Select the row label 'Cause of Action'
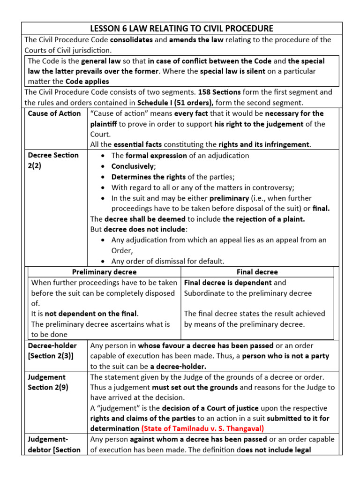54,113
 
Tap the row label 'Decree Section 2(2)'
53,160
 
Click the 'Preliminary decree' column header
105,272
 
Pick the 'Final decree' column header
257,272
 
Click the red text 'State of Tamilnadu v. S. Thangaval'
203,429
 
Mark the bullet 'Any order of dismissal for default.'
168,261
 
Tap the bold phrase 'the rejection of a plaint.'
264,219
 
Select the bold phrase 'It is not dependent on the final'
85,314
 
